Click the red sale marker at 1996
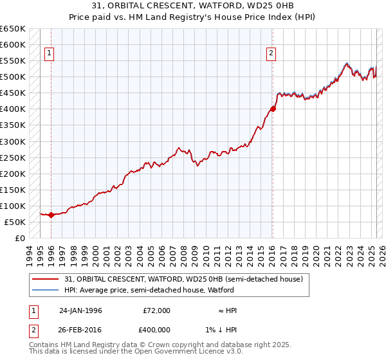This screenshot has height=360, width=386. click(51, 215)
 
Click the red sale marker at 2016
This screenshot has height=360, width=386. click(273, 109)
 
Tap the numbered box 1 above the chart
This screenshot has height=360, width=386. click(50, 53)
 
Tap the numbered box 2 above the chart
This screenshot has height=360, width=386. click(271, 53)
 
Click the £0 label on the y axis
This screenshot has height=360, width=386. click(20, 238)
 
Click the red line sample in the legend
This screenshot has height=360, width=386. click(45, 279)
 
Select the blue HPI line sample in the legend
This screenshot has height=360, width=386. click(45, 290)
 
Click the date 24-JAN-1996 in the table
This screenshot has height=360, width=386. click(80, 310)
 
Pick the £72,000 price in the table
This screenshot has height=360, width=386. click(156, 310)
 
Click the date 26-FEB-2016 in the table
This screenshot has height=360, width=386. click(80, 330)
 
